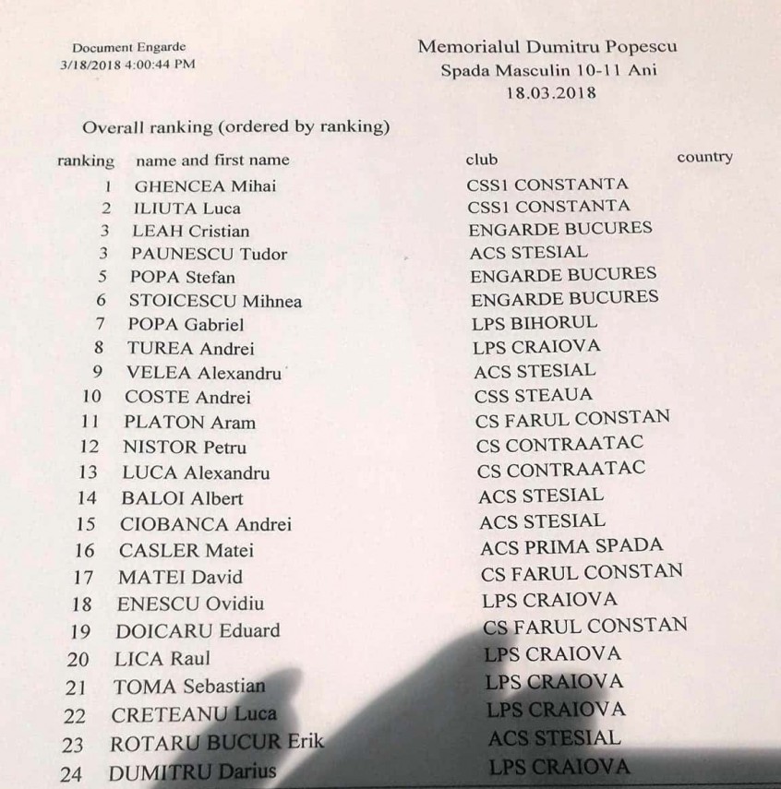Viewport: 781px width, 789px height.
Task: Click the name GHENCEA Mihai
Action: pyautogui.click(x=205, y=185)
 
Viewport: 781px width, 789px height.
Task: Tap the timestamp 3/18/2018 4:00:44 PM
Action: pyautogui.click(x=127, y=65)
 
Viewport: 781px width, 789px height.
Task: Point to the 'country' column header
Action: pyautogui.click(x=704, y=157)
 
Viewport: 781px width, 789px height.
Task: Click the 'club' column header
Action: pyautogui.click(x=482, y=160)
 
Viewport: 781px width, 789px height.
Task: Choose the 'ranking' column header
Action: pyautogui.click(x=86, y=161)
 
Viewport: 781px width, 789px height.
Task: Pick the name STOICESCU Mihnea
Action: pyautogui.click(x=215, y=301)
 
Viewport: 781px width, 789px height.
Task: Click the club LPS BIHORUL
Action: pyautogui.click(x=535, y=323)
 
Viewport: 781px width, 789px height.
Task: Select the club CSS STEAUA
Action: pyautogui.click(x=533, y=396)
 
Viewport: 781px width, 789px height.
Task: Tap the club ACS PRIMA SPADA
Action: pyautogui.click(x=571, y=546)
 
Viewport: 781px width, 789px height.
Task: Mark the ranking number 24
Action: pyautogui.click(x=70, y=774)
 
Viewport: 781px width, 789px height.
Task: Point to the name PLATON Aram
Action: pyautogui.click(x=190, y=423)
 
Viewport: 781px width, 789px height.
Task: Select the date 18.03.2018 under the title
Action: pyautogui.click(x=551, y=93)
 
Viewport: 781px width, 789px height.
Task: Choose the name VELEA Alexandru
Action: pyautogui.click(x=203, y=373)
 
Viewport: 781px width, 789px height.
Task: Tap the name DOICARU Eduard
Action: pyautogui.click(x=198, y=632)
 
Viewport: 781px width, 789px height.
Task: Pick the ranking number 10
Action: pyautogui.click(x=91, y=398)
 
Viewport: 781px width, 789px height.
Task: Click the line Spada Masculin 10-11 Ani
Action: pyautogui.click(x=549, y=70)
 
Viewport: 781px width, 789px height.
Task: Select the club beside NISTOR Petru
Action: pyautogui.click(x=560, y=445)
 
